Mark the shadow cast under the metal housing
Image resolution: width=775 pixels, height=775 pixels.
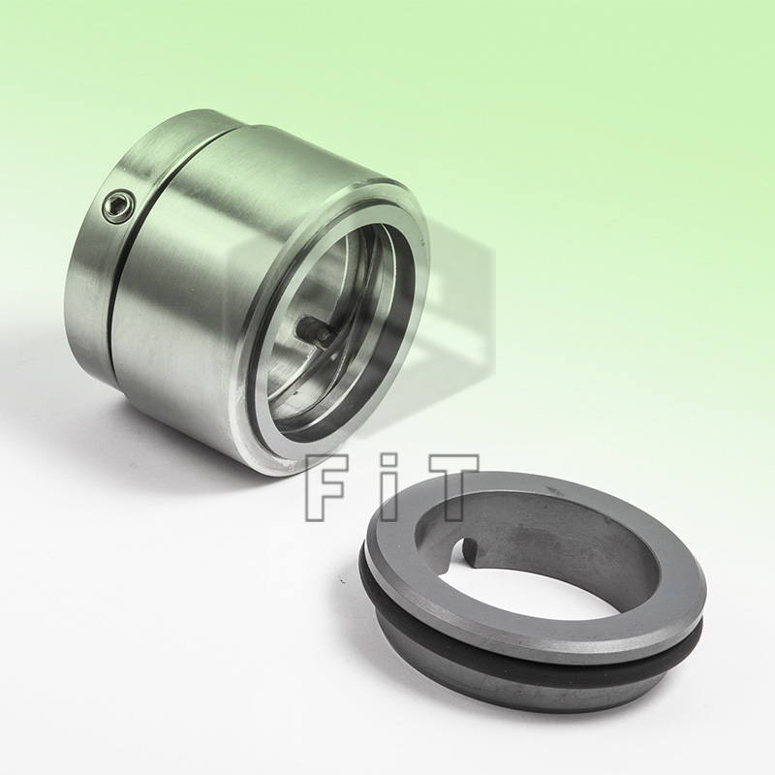pos(194,455)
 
